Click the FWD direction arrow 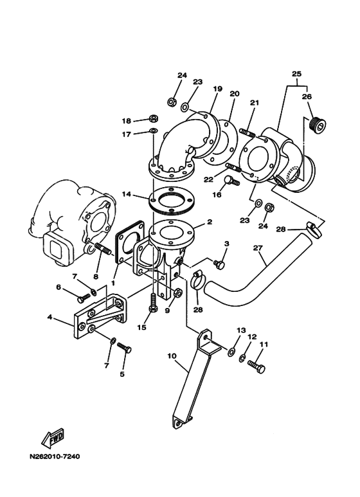click(53, 438)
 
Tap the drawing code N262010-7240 click(55, 456)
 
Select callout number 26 click(307, 96)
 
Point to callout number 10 click(172, 356)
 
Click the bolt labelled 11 click(256, 366)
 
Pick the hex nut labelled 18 click(154, 119)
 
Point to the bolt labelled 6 click(84, 297)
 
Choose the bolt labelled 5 click(124, 347)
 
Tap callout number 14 click(127, 194)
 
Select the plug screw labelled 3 click(219, 264)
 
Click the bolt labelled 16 click(232, 181)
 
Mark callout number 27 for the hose click(258, 248)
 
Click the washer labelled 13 click(231, 352)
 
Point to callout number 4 click(50, 316)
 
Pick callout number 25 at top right click(296, 74)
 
